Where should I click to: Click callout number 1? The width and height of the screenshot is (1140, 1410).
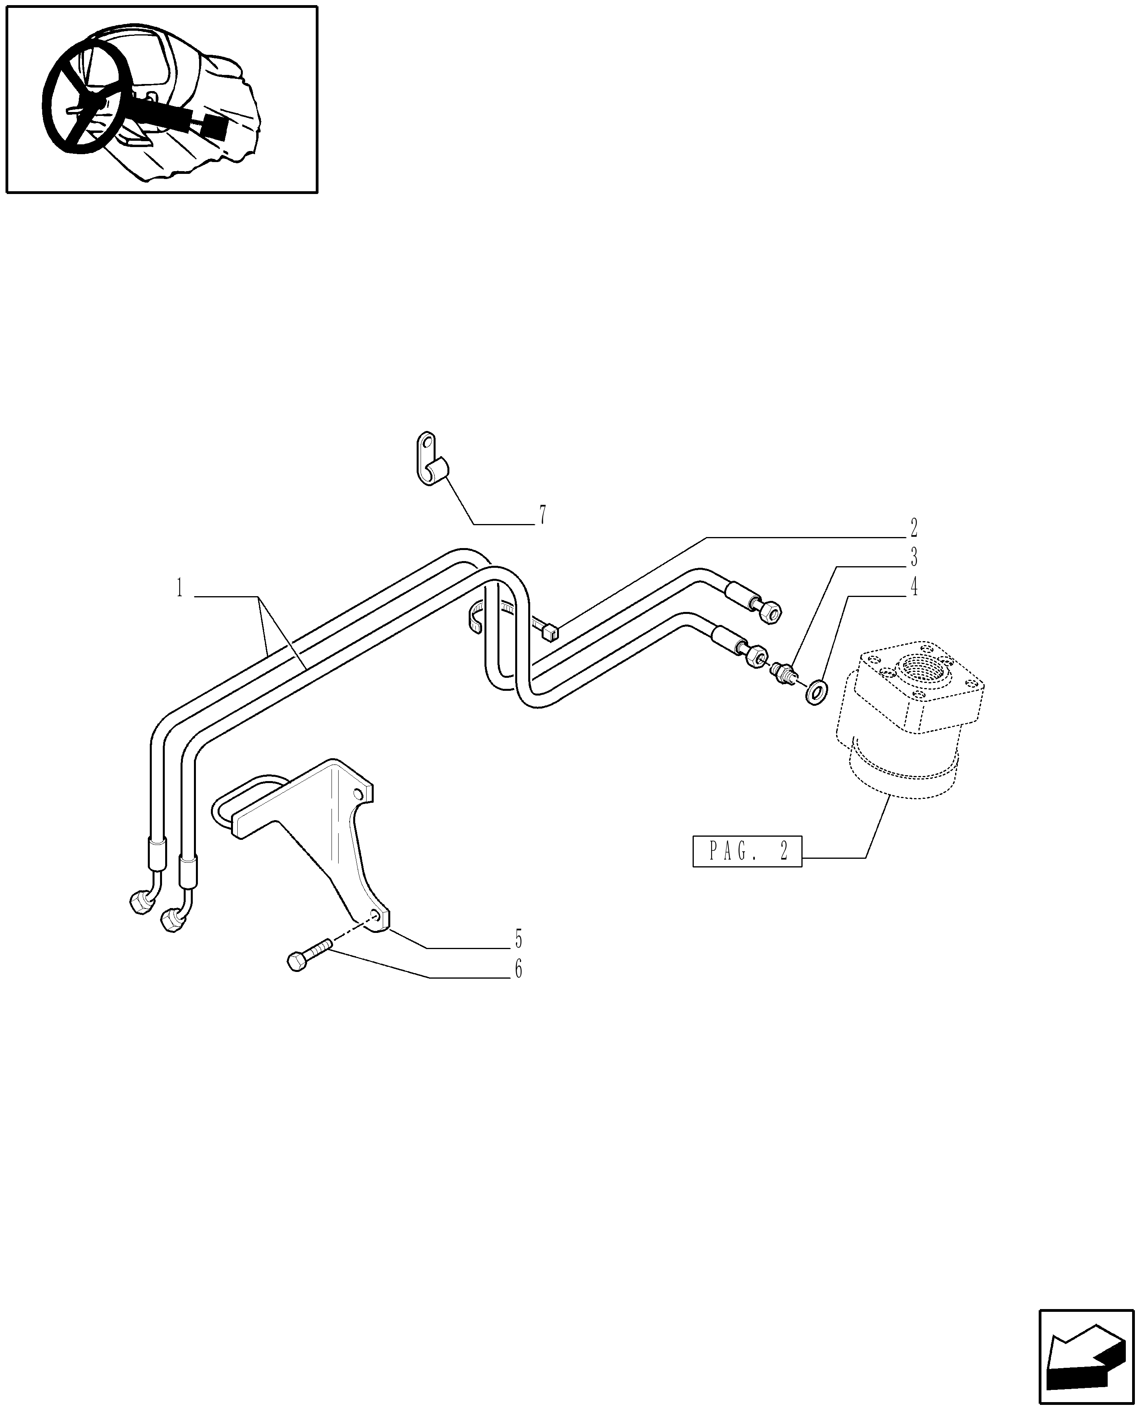(x=179, y=588)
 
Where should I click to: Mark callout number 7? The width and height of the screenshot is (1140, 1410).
(x=542, y=515)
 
